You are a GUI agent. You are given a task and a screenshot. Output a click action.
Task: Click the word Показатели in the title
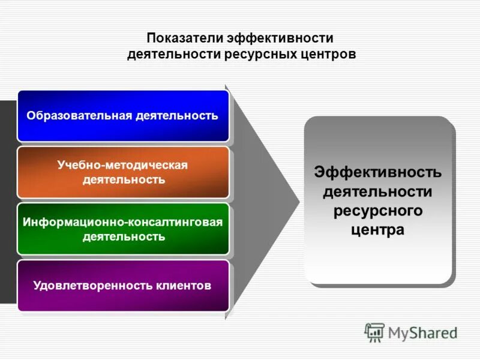click(184, 38)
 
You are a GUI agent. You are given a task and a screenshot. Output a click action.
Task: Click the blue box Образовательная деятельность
click(123, 116)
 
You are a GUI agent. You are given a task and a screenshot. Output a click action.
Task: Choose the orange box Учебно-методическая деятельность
click(123, 172)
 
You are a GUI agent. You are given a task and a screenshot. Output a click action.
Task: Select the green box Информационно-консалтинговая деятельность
click(123, 229)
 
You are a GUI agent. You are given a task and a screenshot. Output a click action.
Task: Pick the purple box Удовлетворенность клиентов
click(123, 286)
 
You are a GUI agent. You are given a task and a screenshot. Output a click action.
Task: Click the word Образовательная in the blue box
click(79, 115)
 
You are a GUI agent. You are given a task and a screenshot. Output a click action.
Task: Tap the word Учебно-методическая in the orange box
click(123, 165)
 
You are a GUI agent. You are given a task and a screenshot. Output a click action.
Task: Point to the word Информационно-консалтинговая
click(123, 222)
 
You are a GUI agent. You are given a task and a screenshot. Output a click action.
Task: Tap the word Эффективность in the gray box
click(378, 173)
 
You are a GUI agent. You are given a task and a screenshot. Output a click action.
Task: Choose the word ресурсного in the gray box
click(378, 211)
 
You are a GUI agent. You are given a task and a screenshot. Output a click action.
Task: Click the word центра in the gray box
click(378, 230)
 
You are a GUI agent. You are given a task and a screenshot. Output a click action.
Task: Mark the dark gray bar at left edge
click(8, 201)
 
